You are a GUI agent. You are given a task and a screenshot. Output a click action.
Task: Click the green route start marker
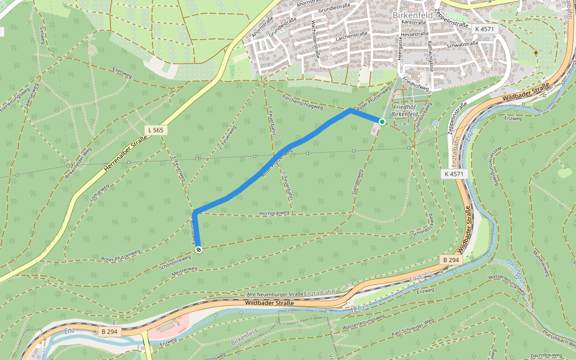[x=382, y=122]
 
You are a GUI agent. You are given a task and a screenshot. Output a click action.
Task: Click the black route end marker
[x=198, y=250]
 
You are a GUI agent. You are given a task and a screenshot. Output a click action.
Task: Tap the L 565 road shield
[x=155, y=130]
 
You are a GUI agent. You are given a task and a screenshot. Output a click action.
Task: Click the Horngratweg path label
[x=274, y=212]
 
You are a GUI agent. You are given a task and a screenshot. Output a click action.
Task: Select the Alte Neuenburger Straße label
[x=275, y=295]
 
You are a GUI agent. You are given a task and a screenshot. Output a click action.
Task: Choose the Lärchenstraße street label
[x=352, y=35]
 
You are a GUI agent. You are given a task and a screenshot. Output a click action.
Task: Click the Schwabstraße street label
[x=463, y=44]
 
